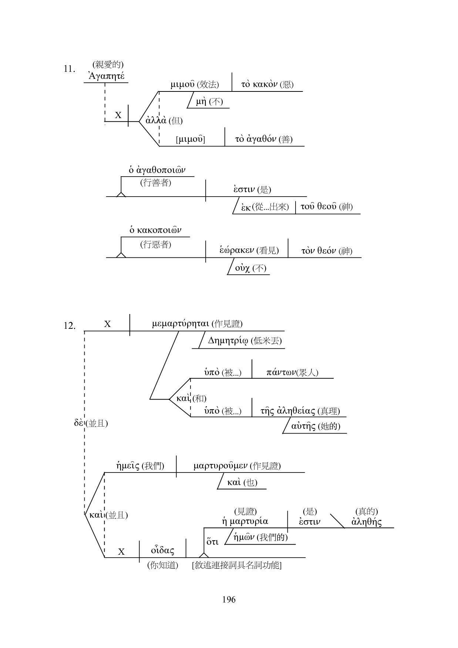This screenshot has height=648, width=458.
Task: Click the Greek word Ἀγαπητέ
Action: (107, 76)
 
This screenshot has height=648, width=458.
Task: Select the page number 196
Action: (229, 599)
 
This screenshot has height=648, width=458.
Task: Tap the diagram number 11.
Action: (70, 69)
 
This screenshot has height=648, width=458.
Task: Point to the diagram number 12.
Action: (70, 326)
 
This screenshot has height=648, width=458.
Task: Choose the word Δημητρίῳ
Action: (228, 341)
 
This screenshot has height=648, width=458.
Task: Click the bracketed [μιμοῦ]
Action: (191, 140)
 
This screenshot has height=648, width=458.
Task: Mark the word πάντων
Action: (281, 372)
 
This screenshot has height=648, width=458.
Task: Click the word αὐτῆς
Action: (303, 426)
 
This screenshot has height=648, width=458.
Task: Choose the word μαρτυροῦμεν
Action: (221, 466)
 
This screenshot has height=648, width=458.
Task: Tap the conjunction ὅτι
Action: (212, 542)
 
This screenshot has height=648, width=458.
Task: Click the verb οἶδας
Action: (162, 551)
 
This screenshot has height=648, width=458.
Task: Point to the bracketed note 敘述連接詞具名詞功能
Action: (237, 565)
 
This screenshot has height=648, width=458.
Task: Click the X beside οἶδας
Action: (121, 552)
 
